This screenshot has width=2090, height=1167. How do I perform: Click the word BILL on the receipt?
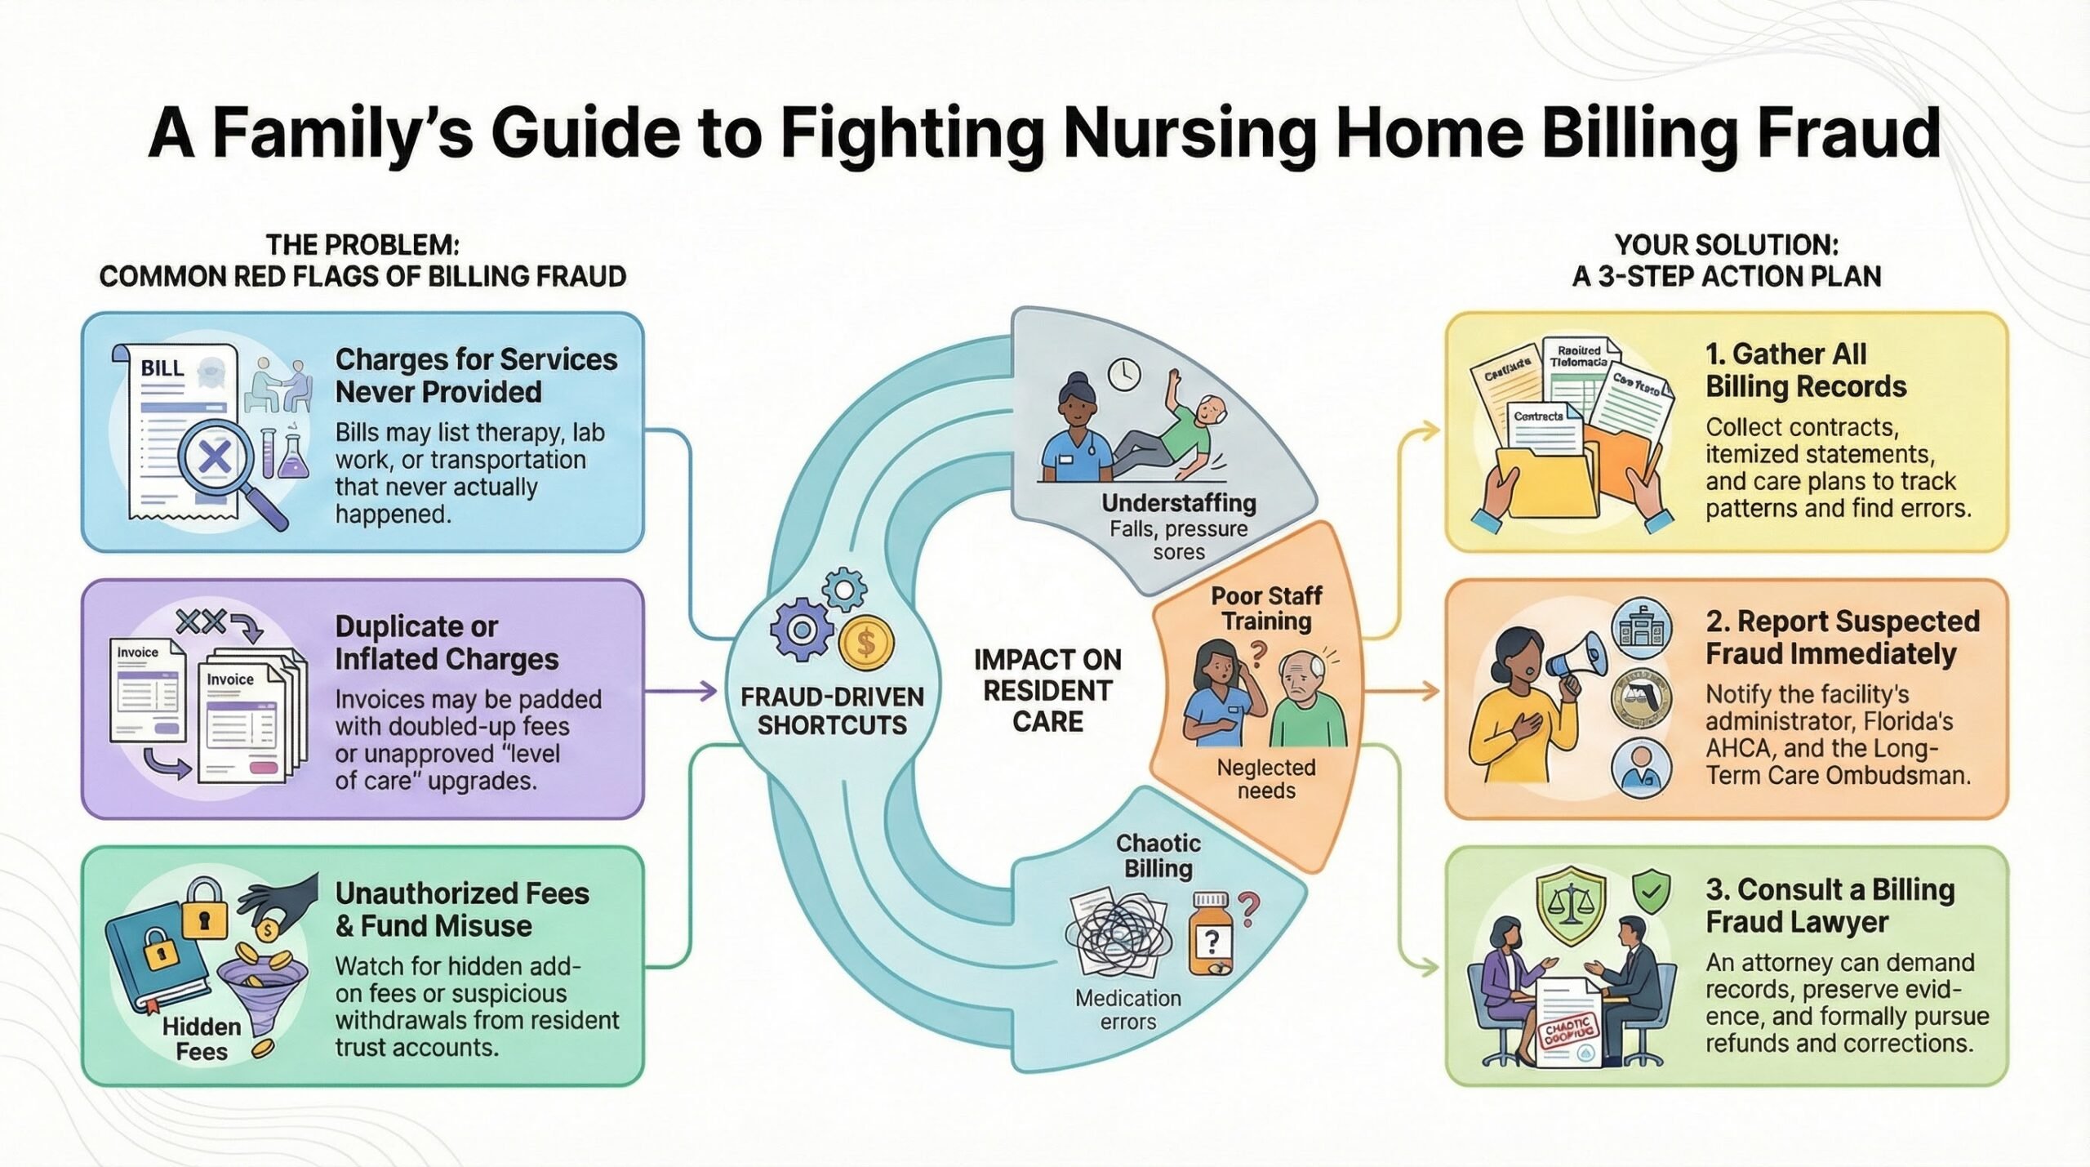click(x=162, y=368)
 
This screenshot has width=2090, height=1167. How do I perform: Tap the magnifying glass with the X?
click(x=215, y=457)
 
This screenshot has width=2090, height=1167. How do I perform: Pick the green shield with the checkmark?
click(x=1651, y=893)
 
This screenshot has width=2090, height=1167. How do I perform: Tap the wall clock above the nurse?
click(x=1124, y=374)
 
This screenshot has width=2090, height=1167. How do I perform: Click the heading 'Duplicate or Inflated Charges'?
click(x=447, y=643)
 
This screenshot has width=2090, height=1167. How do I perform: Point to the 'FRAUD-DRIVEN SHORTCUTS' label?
click(x=832, y=710)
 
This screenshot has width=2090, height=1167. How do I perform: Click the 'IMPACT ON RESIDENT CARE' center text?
click(x=1047, y=691)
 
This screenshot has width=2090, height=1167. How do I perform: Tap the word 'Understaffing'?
click(x=1179, y=503)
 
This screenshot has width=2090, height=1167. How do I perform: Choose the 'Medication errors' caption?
click(x=1128, y=1009)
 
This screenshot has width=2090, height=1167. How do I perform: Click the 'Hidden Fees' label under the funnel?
click(x=202, y=1039)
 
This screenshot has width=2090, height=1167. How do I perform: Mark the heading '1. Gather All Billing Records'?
click(x=1806, y=370)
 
